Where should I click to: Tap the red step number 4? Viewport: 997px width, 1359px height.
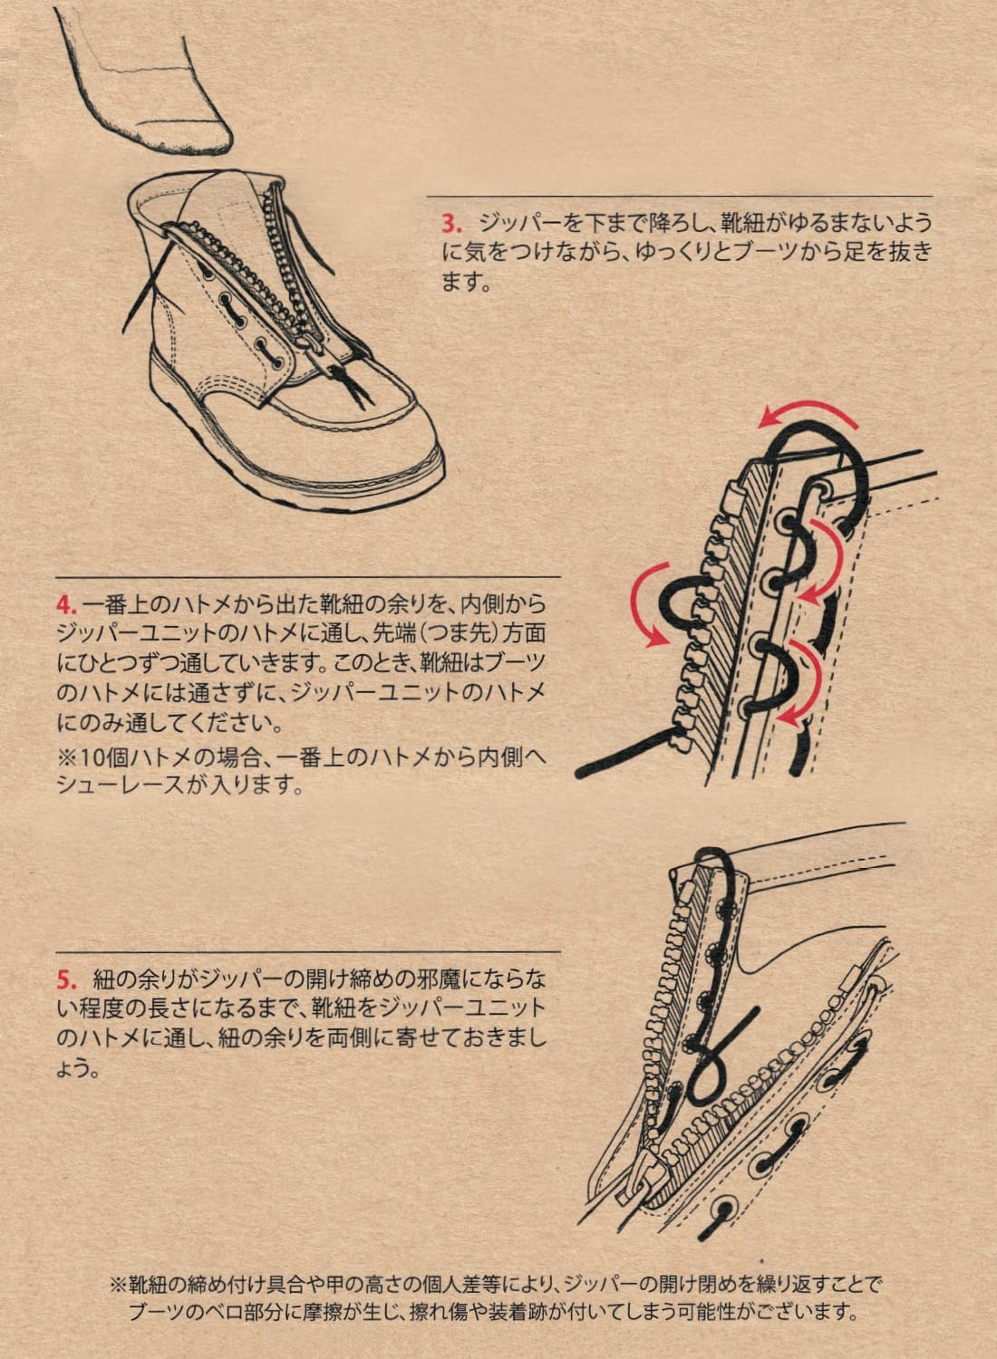(64, 604)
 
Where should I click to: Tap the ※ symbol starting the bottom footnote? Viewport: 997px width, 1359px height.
(117, 1284)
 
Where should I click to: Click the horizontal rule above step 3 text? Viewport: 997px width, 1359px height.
(679, 197)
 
